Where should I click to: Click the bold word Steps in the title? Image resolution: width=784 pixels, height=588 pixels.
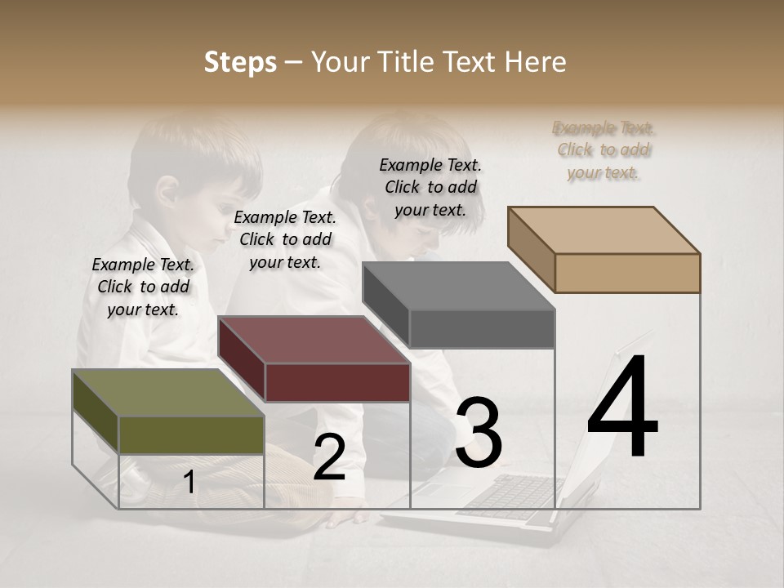[240, 62]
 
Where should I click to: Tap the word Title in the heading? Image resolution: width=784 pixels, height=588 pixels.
[409, 62]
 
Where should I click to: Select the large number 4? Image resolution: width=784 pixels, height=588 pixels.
[622, 408]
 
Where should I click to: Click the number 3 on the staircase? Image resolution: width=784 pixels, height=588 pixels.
[478, 434]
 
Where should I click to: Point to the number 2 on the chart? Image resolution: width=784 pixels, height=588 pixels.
[329, 457]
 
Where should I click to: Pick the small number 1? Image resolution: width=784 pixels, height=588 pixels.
[189, 483]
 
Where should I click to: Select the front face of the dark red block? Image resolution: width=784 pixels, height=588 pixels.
[337, 382]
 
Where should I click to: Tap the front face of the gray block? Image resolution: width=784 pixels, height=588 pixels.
[482, 329]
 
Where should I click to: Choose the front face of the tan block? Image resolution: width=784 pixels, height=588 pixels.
[627, 273]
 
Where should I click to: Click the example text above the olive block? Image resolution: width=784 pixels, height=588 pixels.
[143, 287]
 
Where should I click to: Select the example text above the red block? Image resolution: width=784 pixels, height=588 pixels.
[285, 239]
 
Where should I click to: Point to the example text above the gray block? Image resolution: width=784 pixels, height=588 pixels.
[430, 187]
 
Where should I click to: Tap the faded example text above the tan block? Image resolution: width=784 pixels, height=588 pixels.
[604, 149]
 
